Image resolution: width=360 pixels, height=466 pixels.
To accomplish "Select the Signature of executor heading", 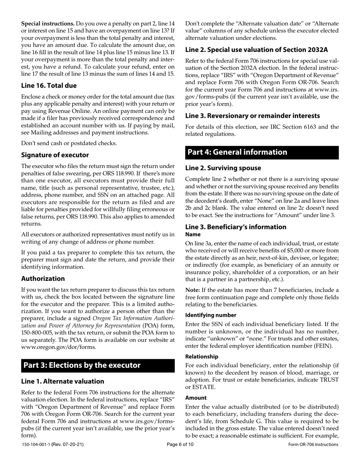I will click(x=55, y=155).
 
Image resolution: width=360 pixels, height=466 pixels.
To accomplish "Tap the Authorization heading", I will click(x=43, y=278).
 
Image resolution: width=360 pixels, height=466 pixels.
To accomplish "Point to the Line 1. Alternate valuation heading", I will click(x=63, y=381).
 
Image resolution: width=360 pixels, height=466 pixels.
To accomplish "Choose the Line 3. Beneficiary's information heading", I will click(x=236, y=227).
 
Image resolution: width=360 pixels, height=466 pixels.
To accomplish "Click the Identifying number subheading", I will click(x=210, y=315).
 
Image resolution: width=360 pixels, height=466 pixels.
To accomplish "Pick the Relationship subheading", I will click(x=202, y=357).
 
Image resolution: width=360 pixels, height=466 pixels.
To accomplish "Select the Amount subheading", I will click(x=196, y=398).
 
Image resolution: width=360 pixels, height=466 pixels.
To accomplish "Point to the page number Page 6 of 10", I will click(x=180, y=455).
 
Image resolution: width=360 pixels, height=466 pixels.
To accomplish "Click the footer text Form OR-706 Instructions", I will click(x=313, y=455).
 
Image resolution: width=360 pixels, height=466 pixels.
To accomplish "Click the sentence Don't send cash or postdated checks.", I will click(x=69, y=143).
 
